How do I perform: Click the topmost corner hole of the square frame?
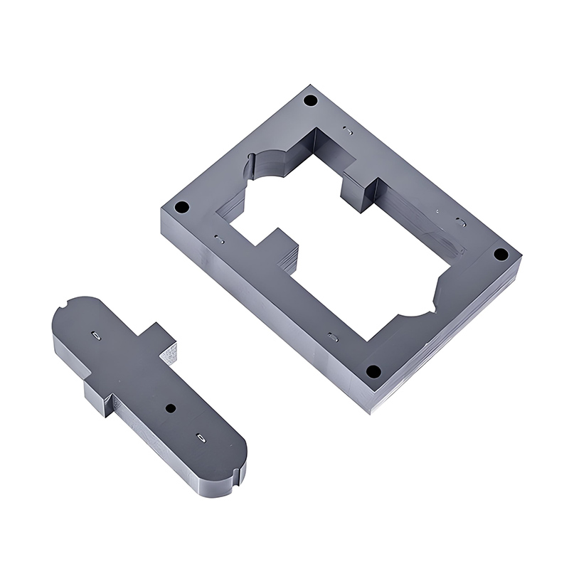(x=309, y=100)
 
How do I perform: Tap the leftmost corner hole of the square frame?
(x=181, y=208)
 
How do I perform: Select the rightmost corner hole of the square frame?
(x=500, y=254)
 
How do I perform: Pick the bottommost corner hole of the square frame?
(x=371, y=371)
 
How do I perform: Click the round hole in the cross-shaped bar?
(x=170, y=408)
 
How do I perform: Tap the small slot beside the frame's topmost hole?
(x=346, y=131)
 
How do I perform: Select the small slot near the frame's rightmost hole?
(x=461, y=222)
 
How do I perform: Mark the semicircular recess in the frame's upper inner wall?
(x=267, y=165)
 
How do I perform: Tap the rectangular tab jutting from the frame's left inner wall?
(x=279, y=245)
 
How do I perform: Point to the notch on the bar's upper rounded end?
(x=65, y=307)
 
